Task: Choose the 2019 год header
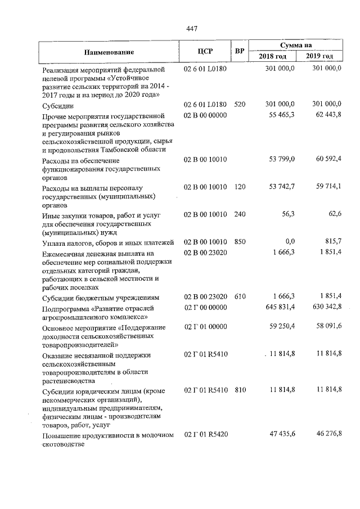pyautogui.click(x=319, y=57)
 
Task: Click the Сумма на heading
pyautogui.click(x=296, y=45)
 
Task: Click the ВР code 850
pyautogui.click(x=240, y=242)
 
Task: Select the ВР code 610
pyautogui.click(x=240, y=296)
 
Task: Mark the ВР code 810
pyautogui.click(x=240, y=389)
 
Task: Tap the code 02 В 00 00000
pyautogui.click(x=205, y=115)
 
